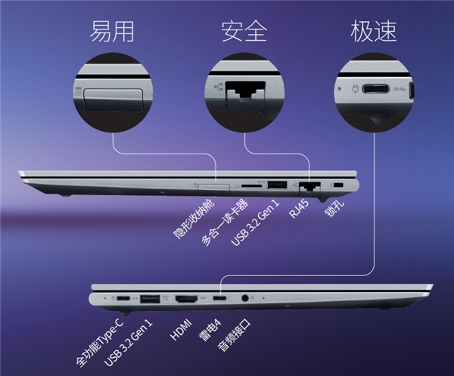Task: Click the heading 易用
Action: pos(112,31)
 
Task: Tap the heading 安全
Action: pos(244,31)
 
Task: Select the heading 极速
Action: pos(373,31)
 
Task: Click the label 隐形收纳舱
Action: pos(194,219)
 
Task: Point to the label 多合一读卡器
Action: pos(225,222)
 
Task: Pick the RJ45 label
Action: pos(299,209)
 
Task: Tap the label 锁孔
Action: pos(334,208)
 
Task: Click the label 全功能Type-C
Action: pos(99,343)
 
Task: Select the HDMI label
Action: pos(181,329)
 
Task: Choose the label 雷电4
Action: pos(210,330)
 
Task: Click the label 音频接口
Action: pos(235,335)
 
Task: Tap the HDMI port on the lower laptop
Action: pos(186,299)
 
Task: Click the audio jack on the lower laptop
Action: pos(245,297)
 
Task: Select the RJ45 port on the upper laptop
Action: pos(309,186)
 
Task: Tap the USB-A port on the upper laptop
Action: pos(277,185)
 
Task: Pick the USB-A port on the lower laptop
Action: pos(150,299)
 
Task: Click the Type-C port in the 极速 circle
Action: pos(375,89)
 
